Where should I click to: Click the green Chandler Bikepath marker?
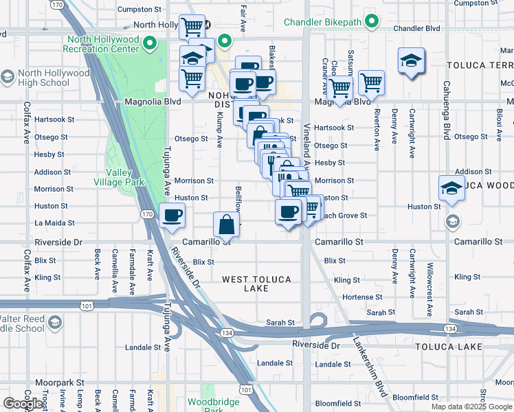(372, 22)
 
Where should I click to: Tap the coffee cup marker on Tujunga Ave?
(172, 216)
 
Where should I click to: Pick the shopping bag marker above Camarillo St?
(227, 224)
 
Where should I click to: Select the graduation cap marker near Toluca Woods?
(451, 187)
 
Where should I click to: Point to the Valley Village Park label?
(115, 178)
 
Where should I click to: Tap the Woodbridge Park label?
(214, 405)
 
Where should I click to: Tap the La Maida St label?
(53, 222)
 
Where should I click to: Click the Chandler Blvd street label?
(418, 29)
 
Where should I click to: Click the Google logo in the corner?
(23, 404)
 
